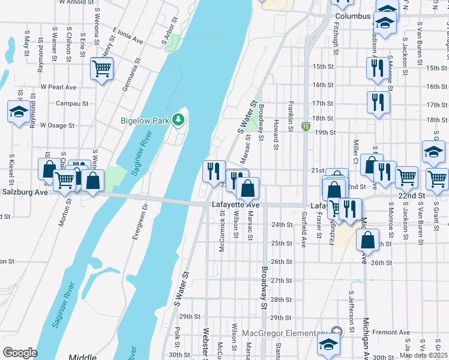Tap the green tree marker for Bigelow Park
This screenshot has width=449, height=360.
[x=178, y=120]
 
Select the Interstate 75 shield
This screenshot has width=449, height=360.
[x=306, y=127]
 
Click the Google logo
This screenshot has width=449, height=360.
[x=20, y=353]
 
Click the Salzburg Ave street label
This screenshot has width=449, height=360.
[x=24, y=193]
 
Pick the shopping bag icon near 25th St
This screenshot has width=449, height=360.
[x=367, y=239]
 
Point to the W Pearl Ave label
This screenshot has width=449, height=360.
[x=58, y=88]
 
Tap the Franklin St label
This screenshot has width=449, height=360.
[x=291, y=113]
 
